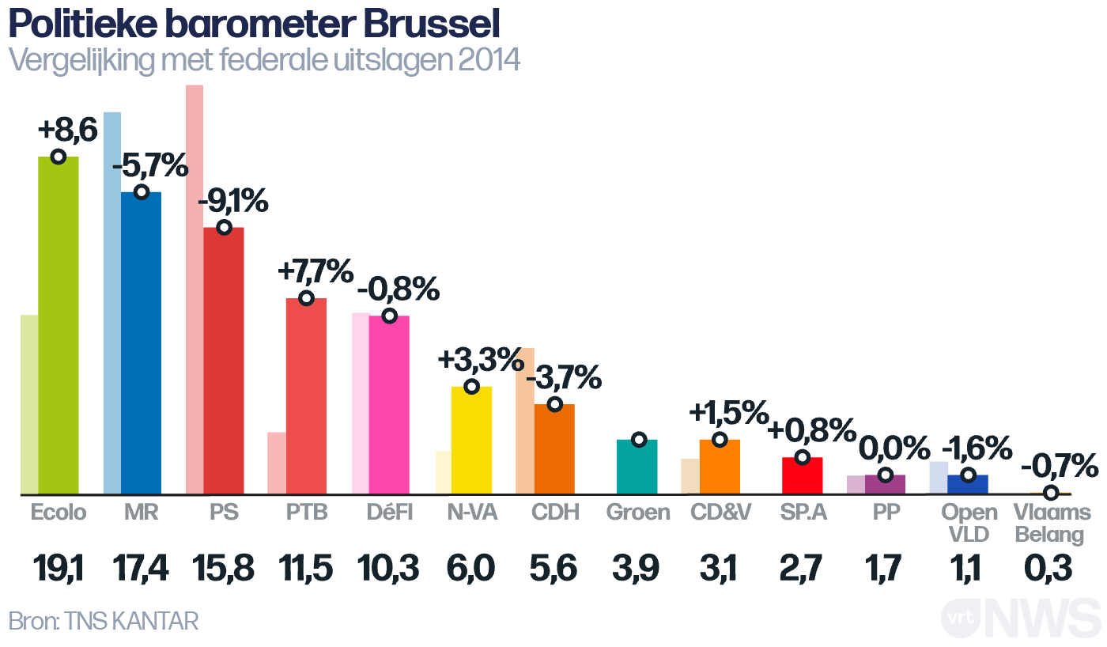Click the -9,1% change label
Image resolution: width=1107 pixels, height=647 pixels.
tap(233, 202)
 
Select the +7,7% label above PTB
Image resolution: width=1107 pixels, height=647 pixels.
tap(315, 272)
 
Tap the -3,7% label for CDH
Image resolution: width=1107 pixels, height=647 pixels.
tap(564, 378)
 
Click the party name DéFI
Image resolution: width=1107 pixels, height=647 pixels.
tap(389, 513)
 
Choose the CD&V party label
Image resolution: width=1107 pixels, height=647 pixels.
tap(720, 513)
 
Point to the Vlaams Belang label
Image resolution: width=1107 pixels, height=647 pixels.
tap(1052, 524)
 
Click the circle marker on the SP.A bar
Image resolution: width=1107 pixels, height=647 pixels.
tap(802, 457)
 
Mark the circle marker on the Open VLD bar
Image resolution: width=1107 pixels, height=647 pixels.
tap(967, 475)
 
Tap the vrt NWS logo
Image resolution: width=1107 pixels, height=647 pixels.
tap(1020, 618)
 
